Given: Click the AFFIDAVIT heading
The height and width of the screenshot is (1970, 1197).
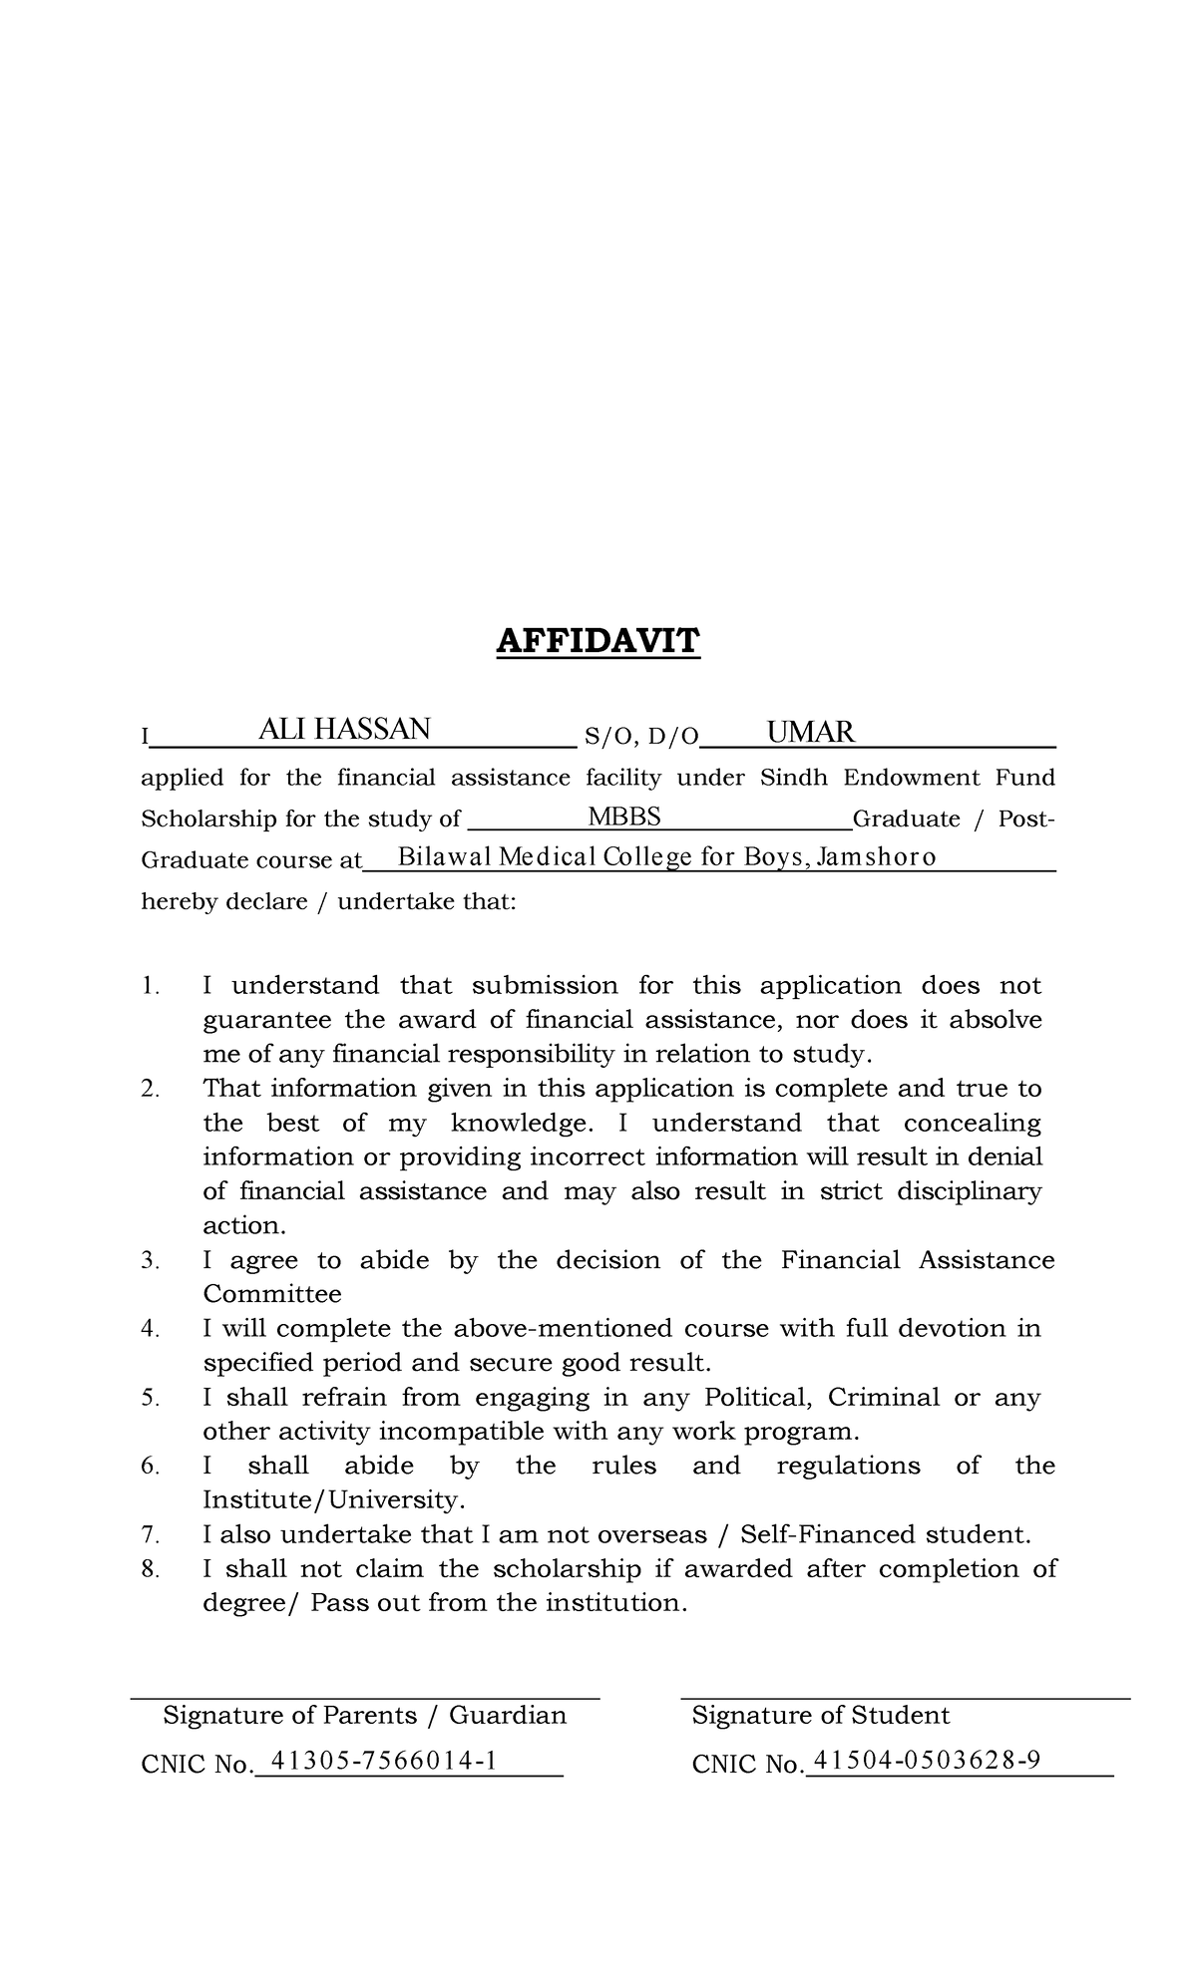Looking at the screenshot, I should pos(598,641).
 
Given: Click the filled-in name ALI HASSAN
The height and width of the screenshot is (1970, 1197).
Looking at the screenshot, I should pos(344,730).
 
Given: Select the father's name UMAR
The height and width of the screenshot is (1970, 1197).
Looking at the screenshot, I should pos(810,733).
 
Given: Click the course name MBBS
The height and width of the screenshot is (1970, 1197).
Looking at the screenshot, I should pos(624,818).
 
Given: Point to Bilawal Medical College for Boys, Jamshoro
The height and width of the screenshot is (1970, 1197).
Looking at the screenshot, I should pos(666,857).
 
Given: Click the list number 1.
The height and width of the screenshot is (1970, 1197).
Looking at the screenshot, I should pos(150,986).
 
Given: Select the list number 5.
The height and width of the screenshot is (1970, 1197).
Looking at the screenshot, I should pos(150,1398).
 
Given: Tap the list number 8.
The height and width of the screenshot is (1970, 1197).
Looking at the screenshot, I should pos(150,1569).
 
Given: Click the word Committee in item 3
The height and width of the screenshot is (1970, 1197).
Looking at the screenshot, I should pos(271,1294).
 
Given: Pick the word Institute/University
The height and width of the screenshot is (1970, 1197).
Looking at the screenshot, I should pos(333,1500).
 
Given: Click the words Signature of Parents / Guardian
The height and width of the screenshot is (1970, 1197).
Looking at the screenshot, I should pos(364,1715).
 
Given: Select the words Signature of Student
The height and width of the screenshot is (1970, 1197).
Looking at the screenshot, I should pos(820,1715).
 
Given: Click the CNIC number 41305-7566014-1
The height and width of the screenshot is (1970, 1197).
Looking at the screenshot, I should pos(384,1762).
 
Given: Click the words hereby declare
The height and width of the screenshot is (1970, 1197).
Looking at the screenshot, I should pos(224,902).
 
